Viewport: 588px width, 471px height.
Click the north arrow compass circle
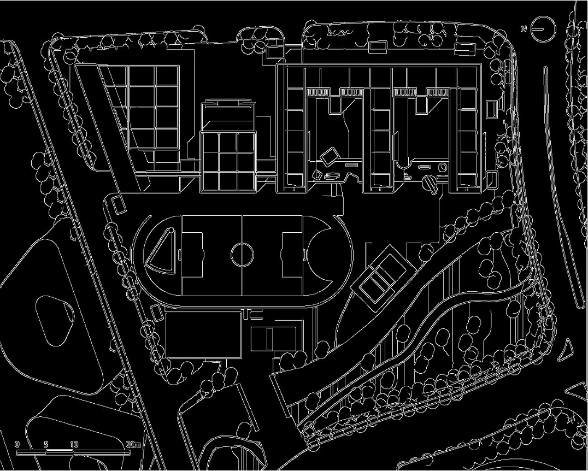tap(543, 28)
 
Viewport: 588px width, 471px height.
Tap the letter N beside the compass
tap(524, 28)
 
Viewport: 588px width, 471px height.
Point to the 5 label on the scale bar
tap(45, 444)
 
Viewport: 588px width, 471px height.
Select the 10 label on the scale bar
tap(74, 444)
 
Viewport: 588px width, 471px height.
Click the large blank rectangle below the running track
tap(203, 334)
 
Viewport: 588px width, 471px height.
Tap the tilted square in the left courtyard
tap(330, 157)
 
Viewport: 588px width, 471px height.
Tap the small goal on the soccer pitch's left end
tap(180, 254)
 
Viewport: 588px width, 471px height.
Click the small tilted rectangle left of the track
tap(119, 205)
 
